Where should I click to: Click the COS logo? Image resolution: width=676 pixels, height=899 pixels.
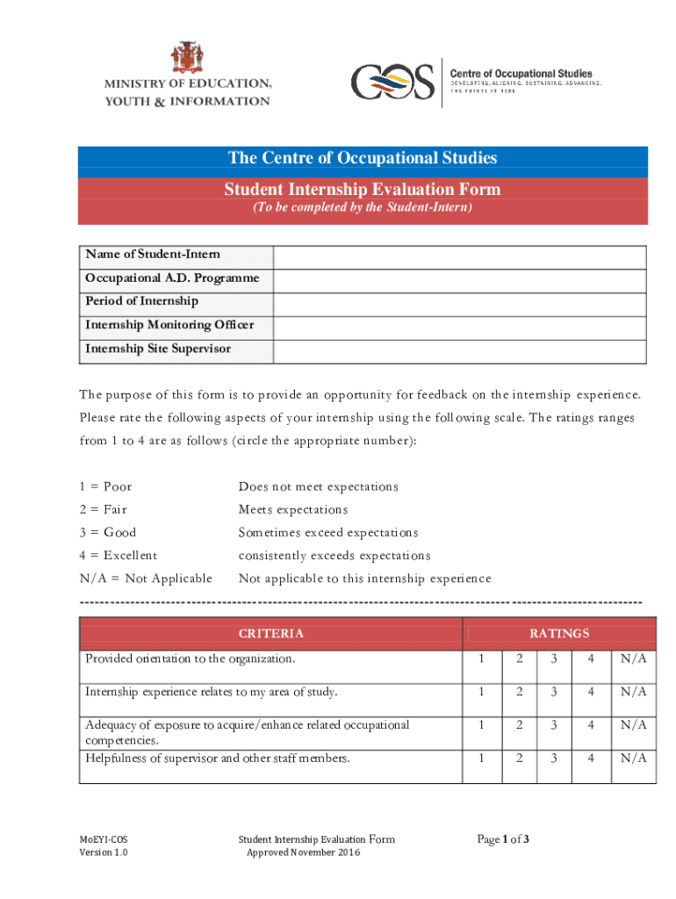(x=392, y=83)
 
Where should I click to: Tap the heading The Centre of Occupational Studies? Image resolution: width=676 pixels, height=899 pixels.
(x=363, y=158)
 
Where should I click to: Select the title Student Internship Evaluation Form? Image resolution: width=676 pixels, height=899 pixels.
(x=363, y=190)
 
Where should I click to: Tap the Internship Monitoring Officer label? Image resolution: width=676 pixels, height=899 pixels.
(x=169, y=325)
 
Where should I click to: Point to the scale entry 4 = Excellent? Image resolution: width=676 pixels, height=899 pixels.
(x=119, y=556)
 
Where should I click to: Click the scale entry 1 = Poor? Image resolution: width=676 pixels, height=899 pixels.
(x=105, y=487)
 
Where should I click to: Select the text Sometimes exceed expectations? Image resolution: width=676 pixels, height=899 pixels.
(x=328, y=533)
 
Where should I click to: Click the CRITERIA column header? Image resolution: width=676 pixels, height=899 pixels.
(x=271, y=634)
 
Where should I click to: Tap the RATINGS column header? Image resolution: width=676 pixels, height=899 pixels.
(x=559, y=634)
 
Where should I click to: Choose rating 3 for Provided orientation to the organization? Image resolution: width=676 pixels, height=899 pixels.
(x=554, y=659)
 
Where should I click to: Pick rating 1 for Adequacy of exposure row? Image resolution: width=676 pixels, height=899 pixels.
(x=481, y=725)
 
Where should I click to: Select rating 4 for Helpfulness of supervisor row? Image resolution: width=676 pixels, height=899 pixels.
(x=591, y=758)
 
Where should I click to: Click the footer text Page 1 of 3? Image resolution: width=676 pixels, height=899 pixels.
(x=503, y=840)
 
